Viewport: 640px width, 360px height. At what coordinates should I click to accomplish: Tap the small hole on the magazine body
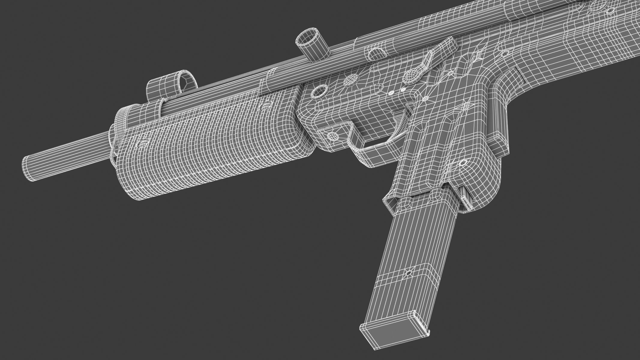coord(408,273)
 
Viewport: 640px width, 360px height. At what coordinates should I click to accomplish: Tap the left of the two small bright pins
coord(391,94)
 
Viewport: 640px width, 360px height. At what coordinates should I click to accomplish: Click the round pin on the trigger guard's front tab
coord(332,136)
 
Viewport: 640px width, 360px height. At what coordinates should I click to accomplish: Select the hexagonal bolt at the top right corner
coord(610,10)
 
